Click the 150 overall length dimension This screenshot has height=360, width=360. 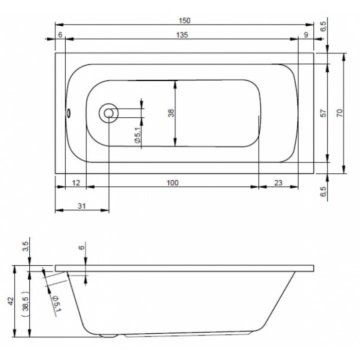(185, 21)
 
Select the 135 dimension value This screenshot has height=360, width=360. (182, 35)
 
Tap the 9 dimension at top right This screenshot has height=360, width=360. (306, 35)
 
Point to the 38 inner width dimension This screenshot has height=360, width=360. (171, 113)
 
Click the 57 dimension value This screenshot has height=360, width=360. (323, 113)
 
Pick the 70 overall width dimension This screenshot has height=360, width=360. (339, 113)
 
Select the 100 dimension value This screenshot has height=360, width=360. (172, 183)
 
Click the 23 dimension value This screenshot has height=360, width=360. (278, 183)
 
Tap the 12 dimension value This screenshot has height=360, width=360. (76, 183)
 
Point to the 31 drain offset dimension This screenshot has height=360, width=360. (82, 206)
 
